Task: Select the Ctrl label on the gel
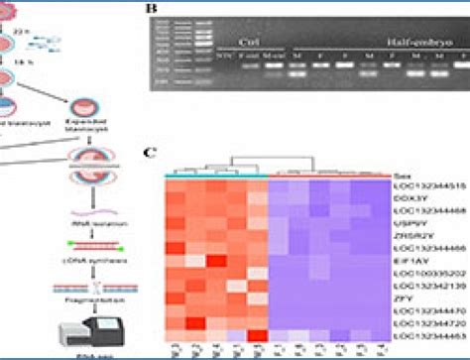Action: tap(252, 41)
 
